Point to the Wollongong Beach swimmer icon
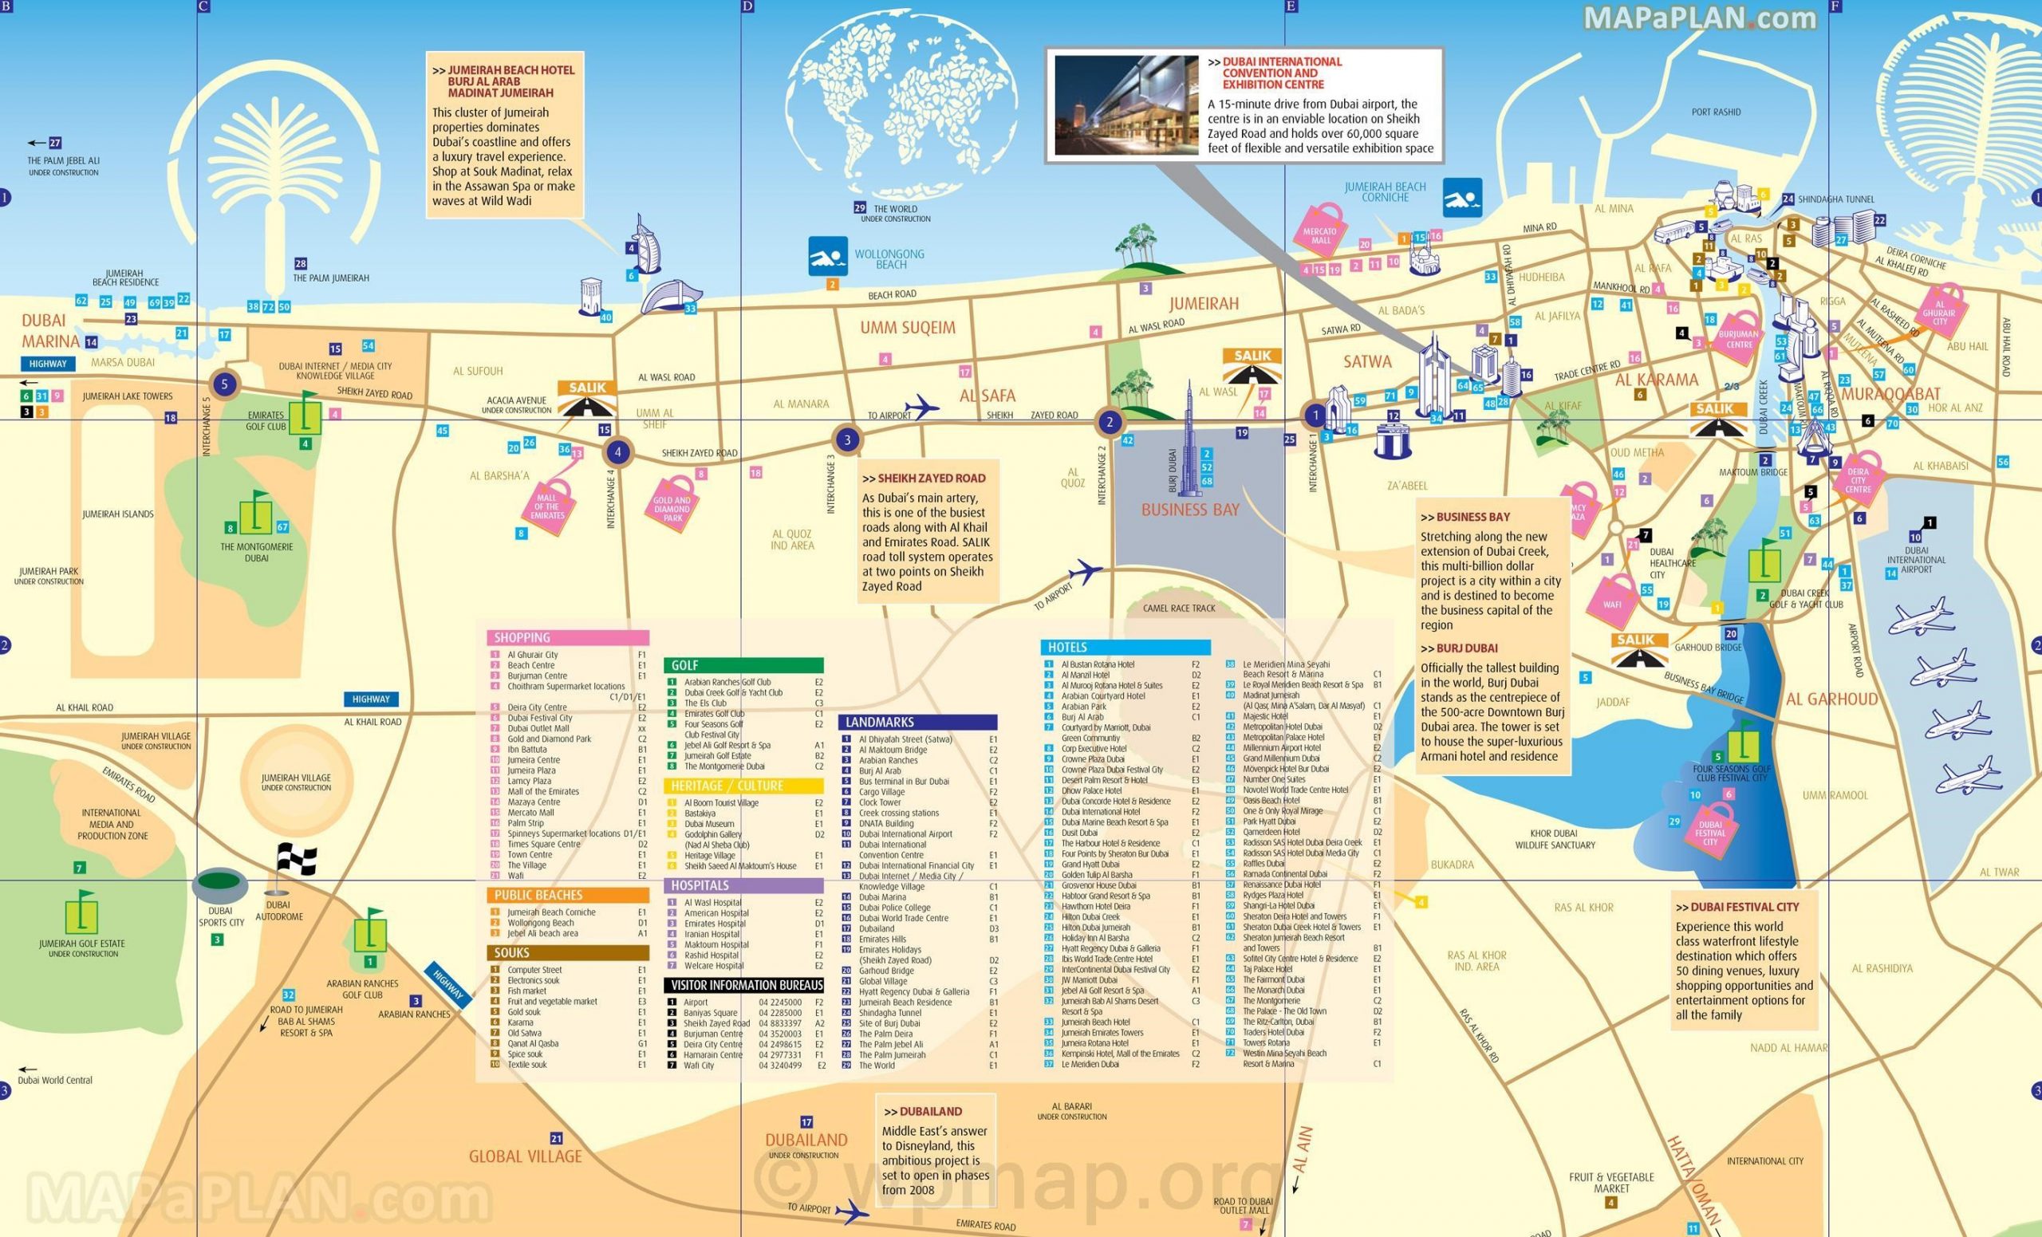pyautogui.click(x=827, y=256)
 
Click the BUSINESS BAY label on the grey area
pyautogui.click(x=1190, y=510)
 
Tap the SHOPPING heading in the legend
pyautogui.click(x=522, y=637)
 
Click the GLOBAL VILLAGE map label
pyautogui.click(x=526, y=1156)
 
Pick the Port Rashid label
pyautogui.click(x=1716, y=112)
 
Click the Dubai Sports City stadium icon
pyautogui.click(x=219, y=884)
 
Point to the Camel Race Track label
pyautogui.click(x=1178, y=609)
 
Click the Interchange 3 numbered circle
pyautogui.click(x=846, y=440)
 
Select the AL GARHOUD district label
pyautogui.click(x=1831, y=699)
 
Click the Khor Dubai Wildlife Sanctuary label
pyautogui.click(x=1555, y=839)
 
